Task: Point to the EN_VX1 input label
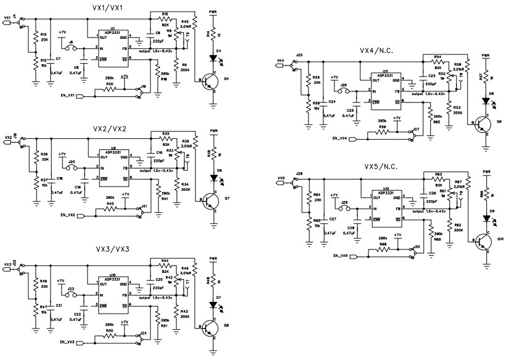[66, 95]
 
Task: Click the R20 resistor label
[109, 83]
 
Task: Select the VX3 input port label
[7, 264]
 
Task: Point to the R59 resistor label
[382, 127]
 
